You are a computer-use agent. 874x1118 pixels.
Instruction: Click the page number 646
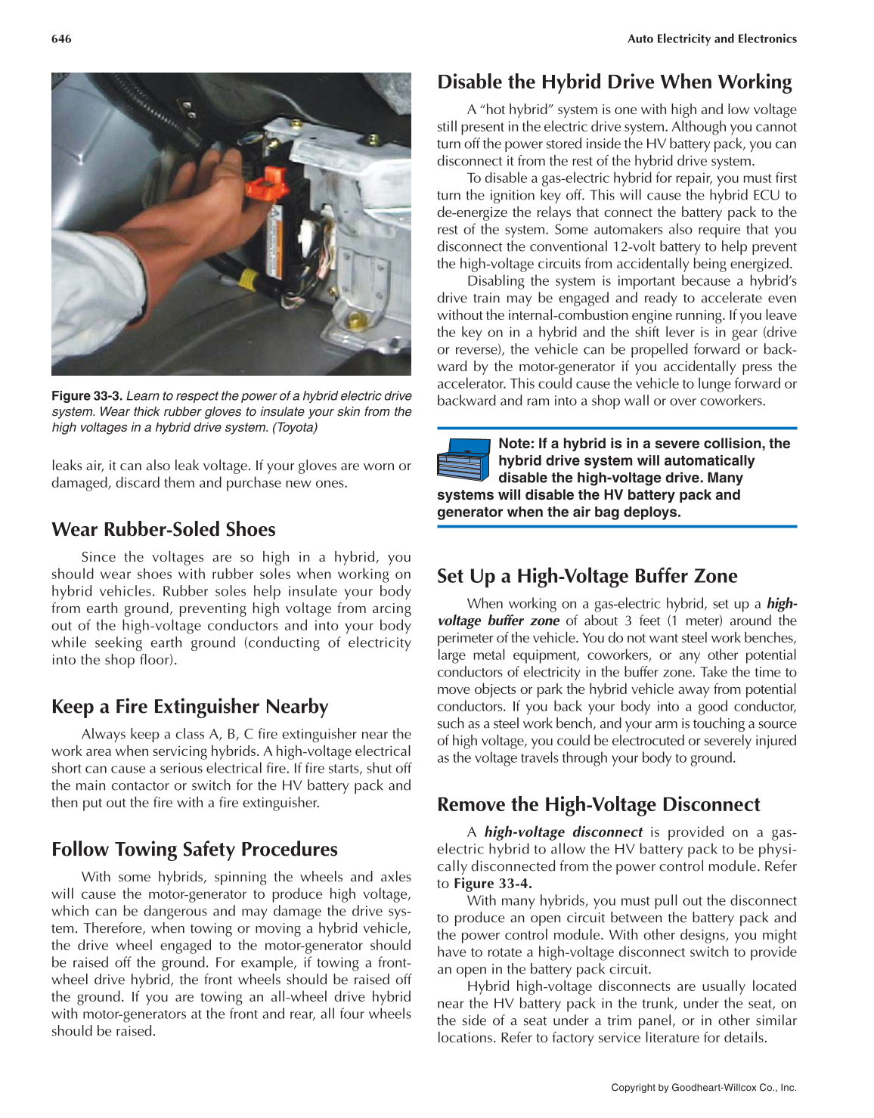point(61,39)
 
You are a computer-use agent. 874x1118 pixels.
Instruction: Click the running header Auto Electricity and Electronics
point(711,39)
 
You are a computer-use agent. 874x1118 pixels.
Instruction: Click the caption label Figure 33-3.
point(87,396)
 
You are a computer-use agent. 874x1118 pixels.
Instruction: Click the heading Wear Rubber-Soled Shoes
point(163,529)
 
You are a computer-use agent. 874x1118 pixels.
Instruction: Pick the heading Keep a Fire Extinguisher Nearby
point(190,706)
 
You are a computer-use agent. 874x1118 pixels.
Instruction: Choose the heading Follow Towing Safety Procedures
point(194,849)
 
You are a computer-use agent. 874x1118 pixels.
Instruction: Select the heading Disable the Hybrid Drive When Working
point(614,82)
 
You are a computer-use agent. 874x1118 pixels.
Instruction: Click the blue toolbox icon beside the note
point(463,459)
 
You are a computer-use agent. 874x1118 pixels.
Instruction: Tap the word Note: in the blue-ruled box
point(516,444)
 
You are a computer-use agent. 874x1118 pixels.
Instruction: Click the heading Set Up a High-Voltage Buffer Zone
point(587,576)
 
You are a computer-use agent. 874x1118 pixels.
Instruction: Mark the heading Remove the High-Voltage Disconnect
point(598,804)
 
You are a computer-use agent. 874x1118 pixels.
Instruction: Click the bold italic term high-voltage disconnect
point(563,832)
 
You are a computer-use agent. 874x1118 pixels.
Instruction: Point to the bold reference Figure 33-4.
point(492,884)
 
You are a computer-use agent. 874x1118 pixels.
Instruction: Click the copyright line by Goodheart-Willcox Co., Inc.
point(703,1088)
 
